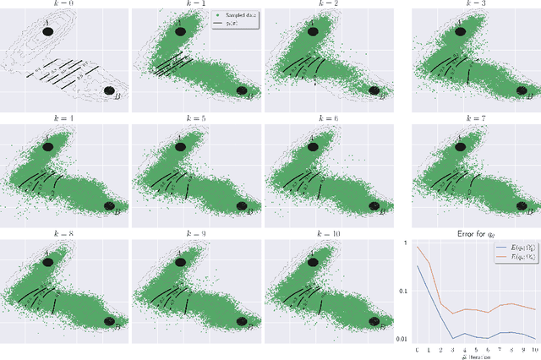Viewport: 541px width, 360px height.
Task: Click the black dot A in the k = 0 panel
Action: tap(48, 31)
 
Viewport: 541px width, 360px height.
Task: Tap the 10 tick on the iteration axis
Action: tap(534, 347)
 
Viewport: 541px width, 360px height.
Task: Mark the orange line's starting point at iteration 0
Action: tap(417, 246)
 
